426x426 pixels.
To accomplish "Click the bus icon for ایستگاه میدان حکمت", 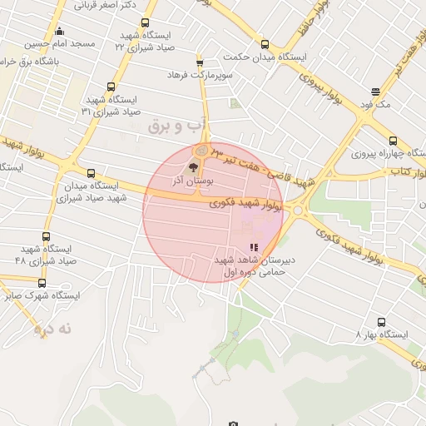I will [265, 45].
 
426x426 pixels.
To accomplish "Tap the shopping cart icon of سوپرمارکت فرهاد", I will [199, 63].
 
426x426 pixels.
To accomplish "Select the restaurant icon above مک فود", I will [375, 92].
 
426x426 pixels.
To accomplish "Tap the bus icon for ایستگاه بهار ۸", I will [381, 322].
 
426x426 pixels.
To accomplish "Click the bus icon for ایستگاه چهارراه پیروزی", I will [393, 141].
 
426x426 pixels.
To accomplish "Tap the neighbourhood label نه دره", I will [53, 329].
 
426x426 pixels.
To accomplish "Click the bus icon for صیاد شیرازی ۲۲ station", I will [146, 23].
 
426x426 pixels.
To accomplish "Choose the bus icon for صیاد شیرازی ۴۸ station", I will [45, 236].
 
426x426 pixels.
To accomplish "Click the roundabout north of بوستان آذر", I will [201, 151].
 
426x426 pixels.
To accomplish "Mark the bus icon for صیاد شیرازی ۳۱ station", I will [111, 87].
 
